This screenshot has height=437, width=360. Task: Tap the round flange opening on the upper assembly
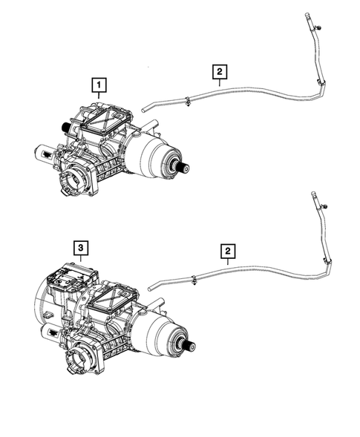pyautogui.click(x=77, y=178)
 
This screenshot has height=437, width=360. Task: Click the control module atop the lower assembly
pyautogui.click(x=67, y=280)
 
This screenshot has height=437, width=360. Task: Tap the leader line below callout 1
pyautogui.click(x=98, y=100)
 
